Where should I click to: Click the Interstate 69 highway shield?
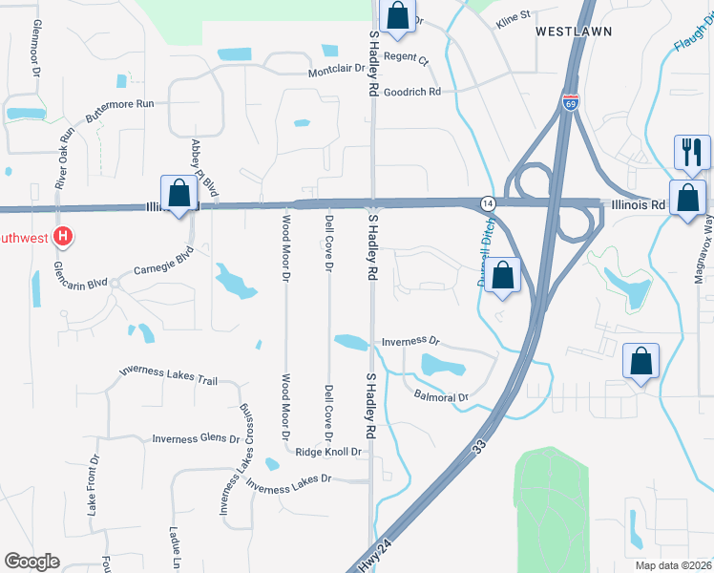[570, 102]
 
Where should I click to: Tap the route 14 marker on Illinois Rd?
[487, 203]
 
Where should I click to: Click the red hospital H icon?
[63, 236]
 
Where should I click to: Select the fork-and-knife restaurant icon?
[691, 150]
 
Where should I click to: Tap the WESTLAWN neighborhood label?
[573, 32]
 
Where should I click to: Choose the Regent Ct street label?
[407, 59]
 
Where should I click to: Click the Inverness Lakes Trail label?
[168, 375]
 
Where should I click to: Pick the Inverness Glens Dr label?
[196, 439]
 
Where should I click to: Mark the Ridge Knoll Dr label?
[328, 452]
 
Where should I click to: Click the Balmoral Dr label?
[442, 396]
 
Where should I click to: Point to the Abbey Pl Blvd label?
[204, 168]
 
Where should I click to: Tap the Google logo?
[31, 562]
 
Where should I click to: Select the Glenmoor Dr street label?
[36, 48]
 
